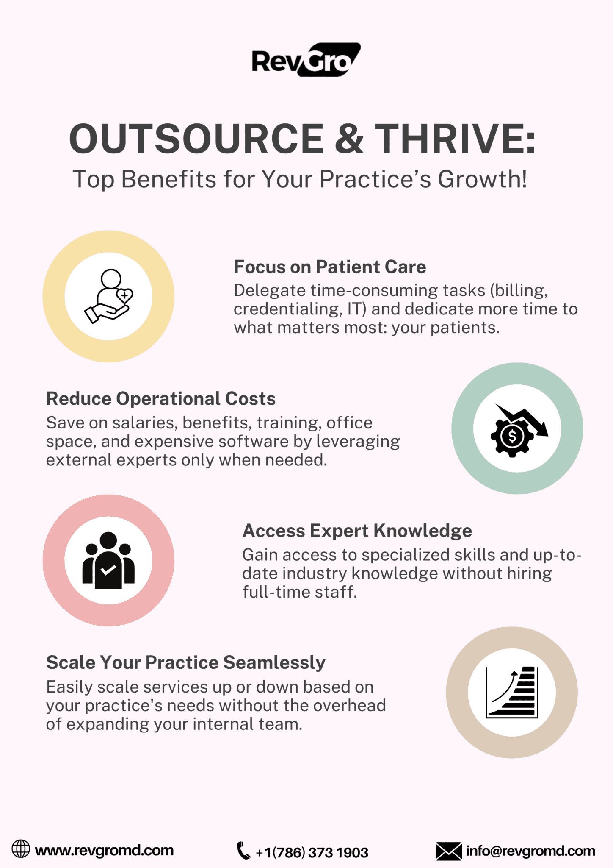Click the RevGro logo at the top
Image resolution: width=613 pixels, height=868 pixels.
pos(306,60)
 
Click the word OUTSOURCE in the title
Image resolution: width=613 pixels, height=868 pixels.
pos(196,139)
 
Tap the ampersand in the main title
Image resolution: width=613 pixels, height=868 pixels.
pos(349,139)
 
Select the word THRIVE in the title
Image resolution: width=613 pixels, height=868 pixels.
pos(456,139)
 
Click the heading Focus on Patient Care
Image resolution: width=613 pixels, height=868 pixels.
pos(330,267)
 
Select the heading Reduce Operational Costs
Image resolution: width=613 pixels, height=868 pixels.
pos(161,399)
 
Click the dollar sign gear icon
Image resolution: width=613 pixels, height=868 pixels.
pos(519,430)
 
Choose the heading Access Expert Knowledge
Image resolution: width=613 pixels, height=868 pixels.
pos(357,531)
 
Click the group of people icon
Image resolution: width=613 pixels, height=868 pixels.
pos(108,560)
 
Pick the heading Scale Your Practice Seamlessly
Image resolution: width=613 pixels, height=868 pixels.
pos(186,663)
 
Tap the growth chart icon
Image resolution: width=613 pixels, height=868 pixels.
pos(512,692)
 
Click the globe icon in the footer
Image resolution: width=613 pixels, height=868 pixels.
pos(21,849)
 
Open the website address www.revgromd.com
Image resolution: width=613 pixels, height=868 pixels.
pos(104,850)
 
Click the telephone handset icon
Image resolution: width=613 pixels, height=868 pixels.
pos(243,850)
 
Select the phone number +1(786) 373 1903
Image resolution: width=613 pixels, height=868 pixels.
pos(312,852)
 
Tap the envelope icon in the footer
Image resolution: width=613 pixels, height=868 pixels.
pos(449,851)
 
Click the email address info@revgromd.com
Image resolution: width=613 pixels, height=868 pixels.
pos(531,851)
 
